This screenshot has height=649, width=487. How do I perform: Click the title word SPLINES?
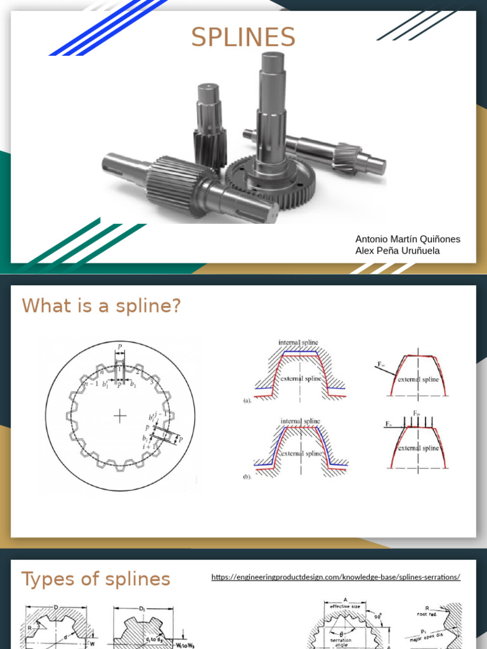click(243, 38)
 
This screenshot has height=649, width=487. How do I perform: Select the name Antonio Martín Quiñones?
click(408, 239)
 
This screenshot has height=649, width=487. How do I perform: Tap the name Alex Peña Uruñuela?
click(398, 251)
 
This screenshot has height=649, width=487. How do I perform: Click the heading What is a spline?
click(101, 306)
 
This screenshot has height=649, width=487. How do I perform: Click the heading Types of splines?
click(96, 579)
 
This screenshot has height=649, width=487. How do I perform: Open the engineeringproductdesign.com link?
click(335, 577)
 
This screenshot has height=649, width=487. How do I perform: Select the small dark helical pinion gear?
click(210, 148)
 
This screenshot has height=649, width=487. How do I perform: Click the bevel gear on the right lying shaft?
click(346, 158)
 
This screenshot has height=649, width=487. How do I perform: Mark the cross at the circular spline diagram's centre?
click(119, 415)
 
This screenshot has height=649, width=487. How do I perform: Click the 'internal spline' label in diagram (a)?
click(298, 342)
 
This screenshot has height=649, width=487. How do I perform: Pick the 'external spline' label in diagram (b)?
click(301, 453)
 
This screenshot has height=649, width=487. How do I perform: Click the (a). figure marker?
click(248, 401)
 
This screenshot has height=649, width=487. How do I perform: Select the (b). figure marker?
click(248, 477)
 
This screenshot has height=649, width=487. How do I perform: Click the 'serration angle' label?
click(341, 643)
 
